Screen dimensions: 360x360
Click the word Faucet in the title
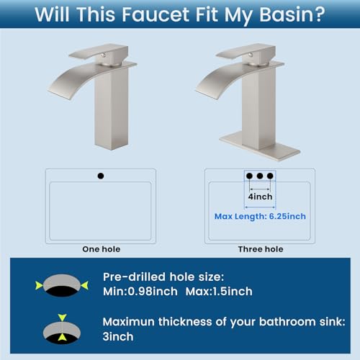tap(156, 14)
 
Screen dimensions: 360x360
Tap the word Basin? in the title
tap(292, 14)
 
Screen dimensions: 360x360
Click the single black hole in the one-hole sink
tap(101, 176)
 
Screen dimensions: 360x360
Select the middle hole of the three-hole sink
tap(260, 176)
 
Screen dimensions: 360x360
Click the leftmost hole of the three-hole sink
tap(249, 176)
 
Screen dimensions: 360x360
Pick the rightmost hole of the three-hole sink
tap(270, 176)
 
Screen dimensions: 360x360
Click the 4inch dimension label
tap(260, 197)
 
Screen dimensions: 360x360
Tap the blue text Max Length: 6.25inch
tap(260, 216)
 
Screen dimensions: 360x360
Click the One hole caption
tap(102, 249)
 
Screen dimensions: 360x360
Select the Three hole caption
tap(261, 249)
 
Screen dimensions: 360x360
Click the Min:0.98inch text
tap(140, 292)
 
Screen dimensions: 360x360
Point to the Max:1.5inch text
tap(219, 292)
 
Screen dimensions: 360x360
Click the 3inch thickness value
tap(118, 336)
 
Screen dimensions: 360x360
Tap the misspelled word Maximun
tap(128, 322)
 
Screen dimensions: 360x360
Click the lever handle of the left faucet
tap(99, 51)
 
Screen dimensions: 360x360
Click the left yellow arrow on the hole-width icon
tap(39, 285)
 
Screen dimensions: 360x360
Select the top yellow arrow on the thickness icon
tap(62, 318)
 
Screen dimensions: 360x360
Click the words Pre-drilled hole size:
tap(163, 276)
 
